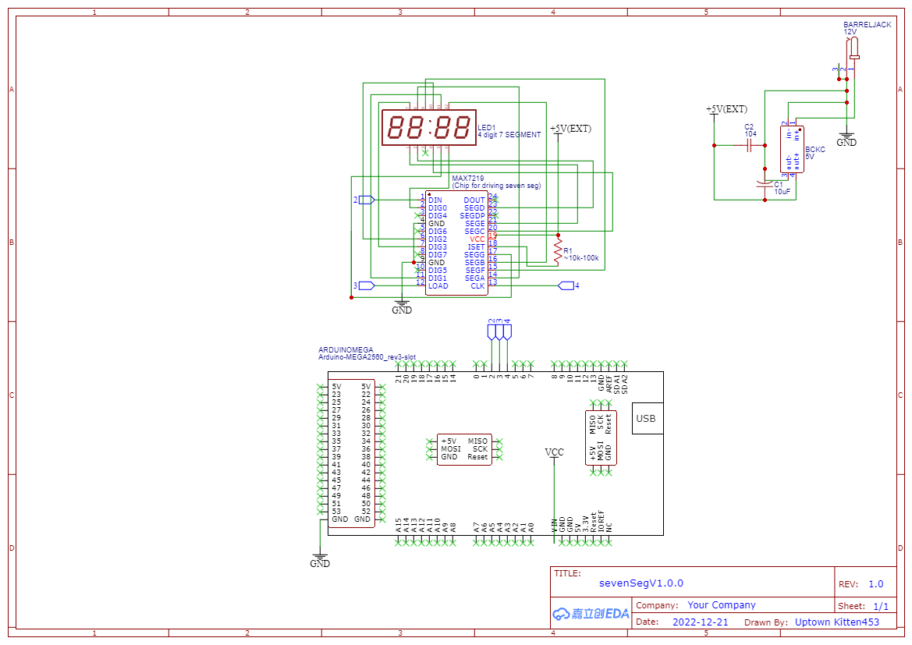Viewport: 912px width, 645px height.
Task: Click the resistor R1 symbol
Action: pyautogui.click(x=557, y=250)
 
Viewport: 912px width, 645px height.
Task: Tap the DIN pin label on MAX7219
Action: pyautogui.click(x=435, y=200)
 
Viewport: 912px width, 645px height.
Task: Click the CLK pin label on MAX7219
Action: pyautogui.click(x=477, y=286)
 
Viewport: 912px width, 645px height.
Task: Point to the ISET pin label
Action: pyautogui.click(x=476, y=247)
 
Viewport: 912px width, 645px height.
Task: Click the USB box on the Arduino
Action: pyautogui.click(x=646, y=419)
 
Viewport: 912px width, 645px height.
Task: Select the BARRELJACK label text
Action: pyautogui.click(x=867, y=25)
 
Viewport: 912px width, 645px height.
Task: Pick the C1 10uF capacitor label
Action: pyautogui.click(x=782, y=188)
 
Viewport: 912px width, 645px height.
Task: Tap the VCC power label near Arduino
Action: pyautogui.click(x=554, y=452)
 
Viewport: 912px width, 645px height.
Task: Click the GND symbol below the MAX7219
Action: pyautogui.click(x=402, y=307)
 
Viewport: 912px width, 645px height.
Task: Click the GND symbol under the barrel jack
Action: pyautogui.click(x=846, y=140)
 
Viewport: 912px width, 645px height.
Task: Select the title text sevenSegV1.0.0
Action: pyautogui.click(x=641, y=583)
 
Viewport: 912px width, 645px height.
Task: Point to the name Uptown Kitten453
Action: pyautogui.click(x=836, y=622)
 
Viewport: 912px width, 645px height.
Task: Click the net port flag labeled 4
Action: pyautogui.click(x=568, y=286)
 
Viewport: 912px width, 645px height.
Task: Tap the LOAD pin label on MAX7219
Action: pyautogui.click(x=438, y=286)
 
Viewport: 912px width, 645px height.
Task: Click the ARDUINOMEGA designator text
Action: pyautogui.click(x=346, y=350)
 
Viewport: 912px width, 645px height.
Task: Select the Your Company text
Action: pyautogui.click(x=721, y=605)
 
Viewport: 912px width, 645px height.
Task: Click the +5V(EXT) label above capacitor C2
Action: pyautogui.click(x=726, y=109)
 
